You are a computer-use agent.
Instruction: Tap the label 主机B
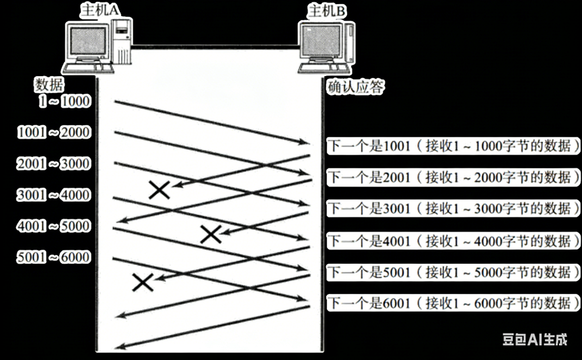[x=327, y=10]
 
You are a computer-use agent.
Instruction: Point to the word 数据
[x=49, y=85]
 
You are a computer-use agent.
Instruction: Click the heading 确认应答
[x=356, y=88]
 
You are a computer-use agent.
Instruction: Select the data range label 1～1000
[x=65, y=102]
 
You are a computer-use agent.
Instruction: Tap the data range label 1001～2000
[x=53, y=133]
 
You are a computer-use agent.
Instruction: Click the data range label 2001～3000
[x=53, y=164]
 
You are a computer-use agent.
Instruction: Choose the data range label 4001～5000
[x=53, y=225]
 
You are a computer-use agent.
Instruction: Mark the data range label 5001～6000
[x=53, y=257]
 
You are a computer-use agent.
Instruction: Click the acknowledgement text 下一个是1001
[x=364, y=146]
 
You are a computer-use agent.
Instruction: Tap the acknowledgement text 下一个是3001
[x=364, y=208]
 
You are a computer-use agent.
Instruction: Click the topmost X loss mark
[x=159, y=190]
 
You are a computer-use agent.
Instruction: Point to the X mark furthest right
[x=211, y=234]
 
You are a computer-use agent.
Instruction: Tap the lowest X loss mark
[x=143, y=282]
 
